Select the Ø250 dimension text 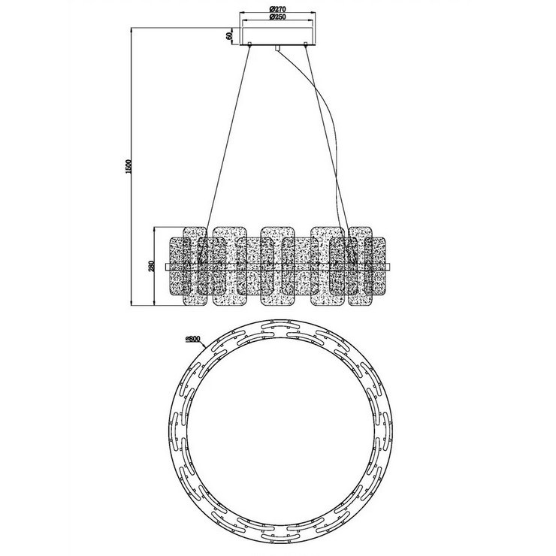278,18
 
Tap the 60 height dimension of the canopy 227,35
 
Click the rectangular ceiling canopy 278,35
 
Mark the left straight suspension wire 225,135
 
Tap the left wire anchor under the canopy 249,47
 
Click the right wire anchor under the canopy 307,47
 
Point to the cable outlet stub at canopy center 277,49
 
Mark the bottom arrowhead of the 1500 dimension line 134,304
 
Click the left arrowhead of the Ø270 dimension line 242,13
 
